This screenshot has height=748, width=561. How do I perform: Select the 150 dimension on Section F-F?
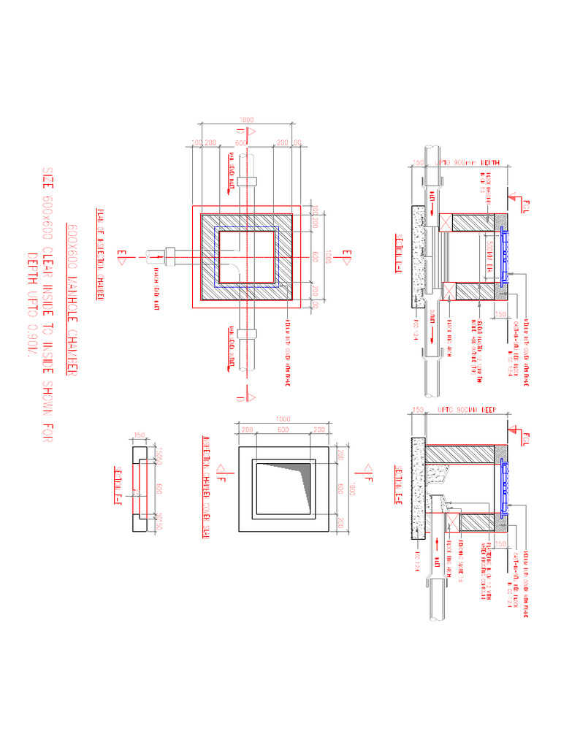(139, 436)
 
